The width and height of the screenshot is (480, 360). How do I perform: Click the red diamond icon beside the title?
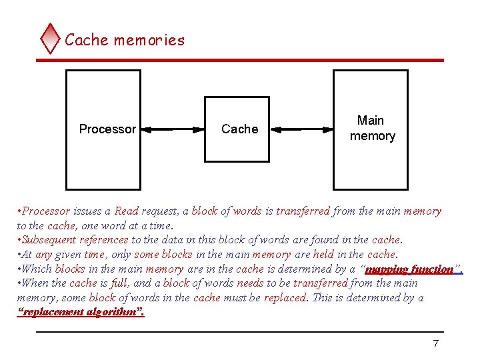pos(50,39)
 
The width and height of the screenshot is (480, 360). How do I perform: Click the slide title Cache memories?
pos(125,40)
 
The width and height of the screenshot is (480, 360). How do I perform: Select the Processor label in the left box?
pos(107,129)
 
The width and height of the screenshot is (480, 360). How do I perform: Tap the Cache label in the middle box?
pos(239,129)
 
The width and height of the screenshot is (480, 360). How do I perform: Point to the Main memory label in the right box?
pos(372,128)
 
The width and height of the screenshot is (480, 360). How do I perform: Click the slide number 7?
pos(436,344)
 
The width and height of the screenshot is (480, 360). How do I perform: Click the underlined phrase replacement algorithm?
pos(80,312)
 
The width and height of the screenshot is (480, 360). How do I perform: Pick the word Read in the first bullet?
pos(127,211)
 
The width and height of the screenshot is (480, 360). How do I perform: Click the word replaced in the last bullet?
pos(285,298)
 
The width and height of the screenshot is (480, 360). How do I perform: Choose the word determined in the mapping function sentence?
pos(303,269)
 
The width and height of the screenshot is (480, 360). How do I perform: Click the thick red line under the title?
pos(239,60)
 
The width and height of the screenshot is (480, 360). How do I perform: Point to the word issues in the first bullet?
pos(87,211)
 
